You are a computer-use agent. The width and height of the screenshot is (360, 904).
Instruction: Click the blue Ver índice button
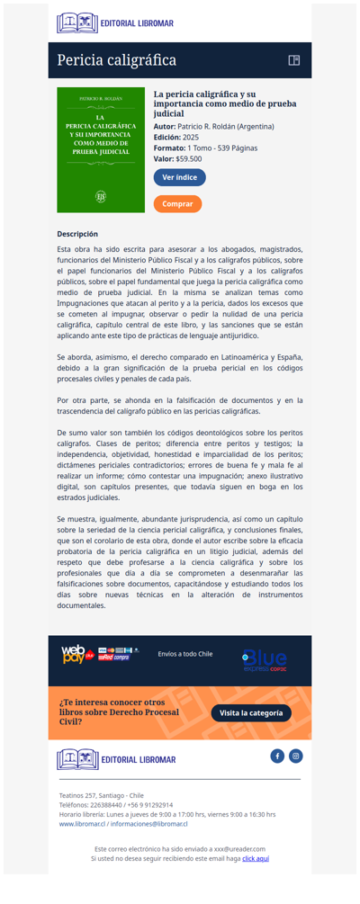180,177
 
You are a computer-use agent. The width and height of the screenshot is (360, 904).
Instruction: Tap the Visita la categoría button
251,713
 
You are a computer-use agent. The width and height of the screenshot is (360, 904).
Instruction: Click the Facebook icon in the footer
277,756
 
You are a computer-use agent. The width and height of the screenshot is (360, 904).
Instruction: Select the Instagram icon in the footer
295,756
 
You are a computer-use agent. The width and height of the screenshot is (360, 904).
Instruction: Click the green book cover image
101,149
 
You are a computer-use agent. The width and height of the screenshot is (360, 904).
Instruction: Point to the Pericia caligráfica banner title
116,60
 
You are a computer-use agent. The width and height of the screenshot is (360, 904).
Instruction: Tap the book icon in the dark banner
293,60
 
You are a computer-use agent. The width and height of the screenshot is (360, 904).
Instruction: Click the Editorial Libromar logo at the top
115,22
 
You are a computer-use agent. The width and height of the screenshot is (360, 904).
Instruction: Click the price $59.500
189,158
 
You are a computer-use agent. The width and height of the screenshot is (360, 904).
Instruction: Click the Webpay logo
75,654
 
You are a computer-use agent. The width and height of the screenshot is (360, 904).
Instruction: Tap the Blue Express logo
265,660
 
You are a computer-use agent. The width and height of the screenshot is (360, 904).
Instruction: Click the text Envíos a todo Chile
184,654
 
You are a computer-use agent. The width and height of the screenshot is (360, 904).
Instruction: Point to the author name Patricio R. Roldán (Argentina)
225,126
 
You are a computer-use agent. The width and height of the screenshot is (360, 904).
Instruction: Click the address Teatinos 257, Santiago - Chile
101,795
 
